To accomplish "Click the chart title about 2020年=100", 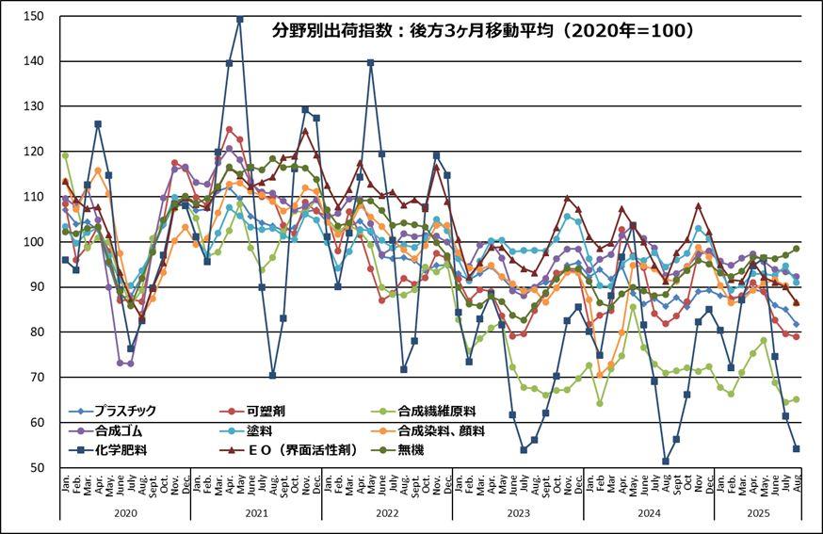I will (483, 30).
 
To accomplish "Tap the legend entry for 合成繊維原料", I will (437, 411).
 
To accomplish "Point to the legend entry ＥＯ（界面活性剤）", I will (301, 450).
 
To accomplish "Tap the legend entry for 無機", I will (411, 450).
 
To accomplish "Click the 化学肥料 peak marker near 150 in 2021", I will (239, 19).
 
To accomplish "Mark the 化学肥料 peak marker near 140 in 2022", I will (371, 63).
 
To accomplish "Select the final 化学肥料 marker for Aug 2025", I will (797, 448).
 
